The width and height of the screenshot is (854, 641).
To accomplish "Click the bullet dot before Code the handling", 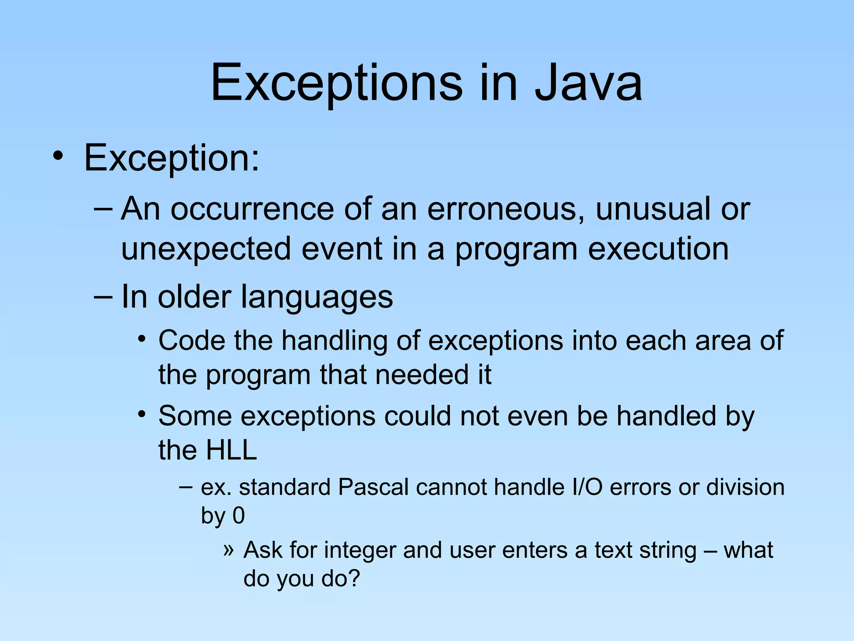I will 142,338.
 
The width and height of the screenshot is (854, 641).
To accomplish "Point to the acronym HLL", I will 231,450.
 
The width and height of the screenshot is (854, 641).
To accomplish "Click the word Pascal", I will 373,487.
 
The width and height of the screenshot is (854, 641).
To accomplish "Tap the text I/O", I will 587,487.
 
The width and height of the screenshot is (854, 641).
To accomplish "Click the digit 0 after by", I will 239,516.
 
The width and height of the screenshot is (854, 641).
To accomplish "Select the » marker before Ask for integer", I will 228,549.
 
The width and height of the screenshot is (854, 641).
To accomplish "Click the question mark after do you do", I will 354,578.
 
